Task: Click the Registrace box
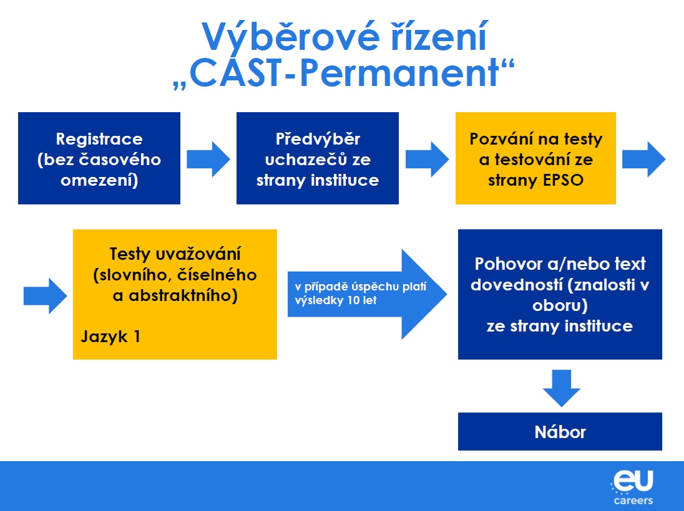99,158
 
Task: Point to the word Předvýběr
318,138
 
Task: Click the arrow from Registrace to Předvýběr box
208,159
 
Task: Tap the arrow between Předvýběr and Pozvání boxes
427,159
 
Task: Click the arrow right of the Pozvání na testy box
644,159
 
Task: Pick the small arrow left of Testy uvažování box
45,295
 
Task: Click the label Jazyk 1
110,337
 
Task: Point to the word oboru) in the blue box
560,305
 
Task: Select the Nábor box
560,431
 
